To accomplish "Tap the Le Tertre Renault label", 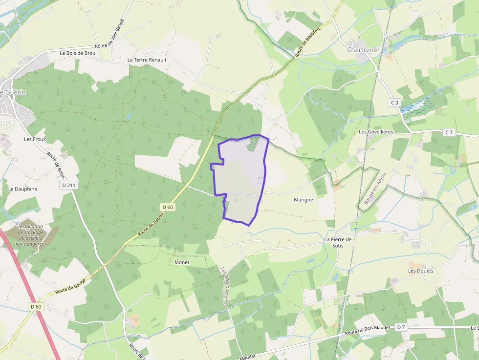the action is (x=147, y=60).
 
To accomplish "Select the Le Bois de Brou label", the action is (x=77, y=53).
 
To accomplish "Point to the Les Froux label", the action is (x=34, y=139).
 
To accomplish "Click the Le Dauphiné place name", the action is (x=22, y=189).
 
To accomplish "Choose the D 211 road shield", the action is (x=70, y=185).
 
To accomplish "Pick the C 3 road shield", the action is (x=395, y=103).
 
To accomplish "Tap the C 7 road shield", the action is (x=449, y=132).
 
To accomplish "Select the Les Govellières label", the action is (x=376, y=132).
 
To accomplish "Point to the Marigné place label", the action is (x=303, y=200).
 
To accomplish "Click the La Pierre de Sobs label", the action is (x=338, y=242).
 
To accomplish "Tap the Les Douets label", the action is (x=421, y=271).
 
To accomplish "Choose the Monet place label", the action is (x=181, y=262).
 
